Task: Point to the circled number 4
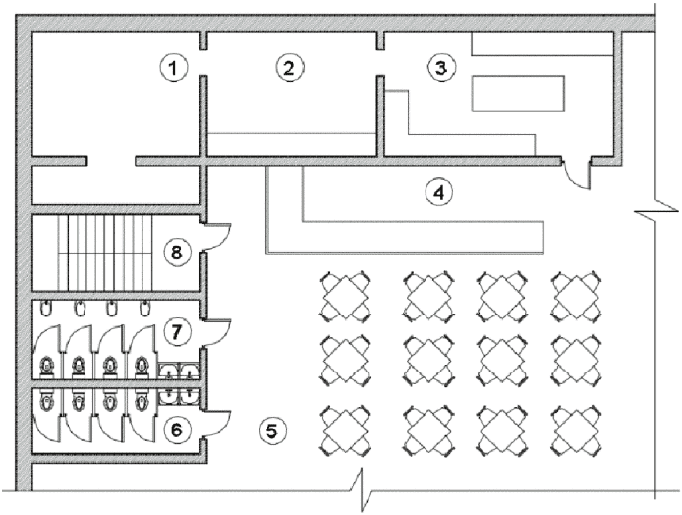(x=437, y=192)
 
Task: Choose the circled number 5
(x=274, y=429)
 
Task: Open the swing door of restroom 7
(x=218, y=332)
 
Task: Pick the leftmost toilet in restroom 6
(x=46, y=400)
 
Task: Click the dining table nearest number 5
(x=345, y=429)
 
